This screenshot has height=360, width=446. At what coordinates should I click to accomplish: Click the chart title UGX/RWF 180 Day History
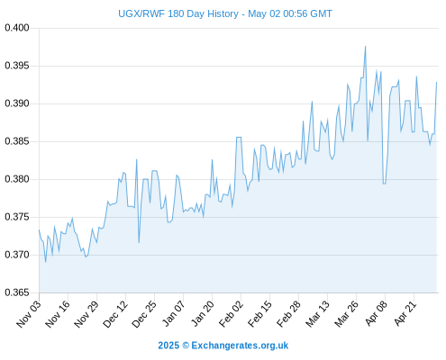[178, 13]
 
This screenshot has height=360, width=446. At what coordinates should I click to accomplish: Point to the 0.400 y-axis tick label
[17, 28]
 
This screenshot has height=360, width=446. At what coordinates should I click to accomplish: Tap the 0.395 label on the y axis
[17, 66]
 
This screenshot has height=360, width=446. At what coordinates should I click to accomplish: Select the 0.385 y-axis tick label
[17, 141]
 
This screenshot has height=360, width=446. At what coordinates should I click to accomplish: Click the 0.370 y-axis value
[17, 255]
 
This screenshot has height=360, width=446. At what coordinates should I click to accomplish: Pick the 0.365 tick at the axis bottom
[17, 292]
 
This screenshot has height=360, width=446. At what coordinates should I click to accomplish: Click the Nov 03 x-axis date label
[29, 314]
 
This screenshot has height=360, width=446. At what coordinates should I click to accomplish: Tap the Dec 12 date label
[115, 314]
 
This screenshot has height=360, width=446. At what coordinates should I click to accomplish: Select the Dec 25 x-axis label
[144, 314]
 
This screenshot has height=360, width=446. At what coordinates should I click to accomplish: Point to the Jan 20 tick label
[204, 313]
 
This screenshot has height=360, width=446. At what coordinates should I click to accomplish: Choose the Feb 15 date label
[260, 314]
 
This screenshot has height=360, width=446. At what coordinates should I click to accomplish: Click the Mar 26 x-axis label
[347, 314]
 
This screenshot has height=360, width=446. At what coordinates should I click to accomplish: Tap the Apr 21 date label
[405, 313]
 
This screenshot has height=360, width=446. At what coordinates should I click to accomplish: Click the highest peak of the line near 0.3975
[365, 47]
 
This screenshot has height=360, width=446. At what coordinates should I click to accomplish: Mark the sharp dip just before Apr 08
[384, 184]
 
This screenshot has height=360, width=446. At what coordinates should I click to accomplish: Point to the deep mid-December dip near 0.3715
[139, 242]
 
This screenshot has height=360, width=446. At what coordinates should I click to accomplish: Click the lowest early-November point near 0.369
[46, 262]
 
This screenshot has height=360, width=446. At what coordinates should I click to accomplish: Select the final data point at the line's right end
[436, 82]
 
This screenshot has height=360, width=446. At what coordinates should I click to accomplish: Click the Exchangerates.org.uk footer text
[240, 346]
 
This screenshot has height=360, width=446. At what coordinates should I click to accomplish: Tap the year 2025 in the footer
[168, 346]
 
